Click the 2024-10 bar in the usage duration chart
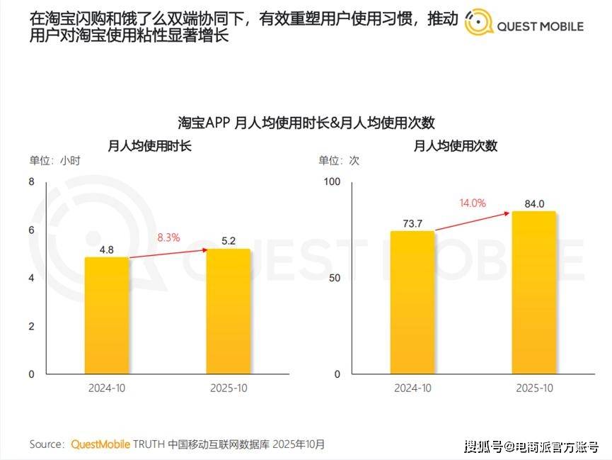pyautogui.click(x=107, y=315)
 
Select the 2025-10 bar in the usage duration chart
pyautogui.click(x=229, y=311)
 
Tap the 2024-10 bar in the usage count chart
pyautogui.click(x=412, y=302)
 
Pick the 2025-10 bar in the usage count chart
pyautogui.click(x=533, y=292)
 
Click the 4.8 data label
pyautogui.click(x=107, y=249)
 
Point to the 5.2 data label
pyautogui.click(x=229, y=241)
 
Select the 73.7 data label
pyautogui.click(x=412, y=223)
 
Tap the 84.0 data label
pyautogui.click(x=533, y=204)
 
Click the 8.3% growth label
pyautogui.click(x=168, y=238)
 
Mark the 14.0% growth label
pyautogui.click(x=473, y=203)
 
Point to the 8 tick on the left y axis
pyautogui.click(x=31, y=182)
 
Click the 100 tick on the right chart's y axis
pyautogui.click(x=332, y=182)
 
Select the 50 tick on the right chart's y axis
pyautogui.click(x=335, y=278)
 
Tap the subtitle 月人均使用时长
pyautogui.click(x=149, y=146)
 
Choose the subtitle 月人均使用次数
pyautogui.click(x=455, y=146)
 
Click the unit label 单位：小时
pyautogui.click(x=54, y=161)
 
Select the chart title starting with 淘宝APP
pyautogui.click(x=306, y=122)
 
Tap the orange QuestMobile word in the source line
pyautogui.click(x=100, y=444)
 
